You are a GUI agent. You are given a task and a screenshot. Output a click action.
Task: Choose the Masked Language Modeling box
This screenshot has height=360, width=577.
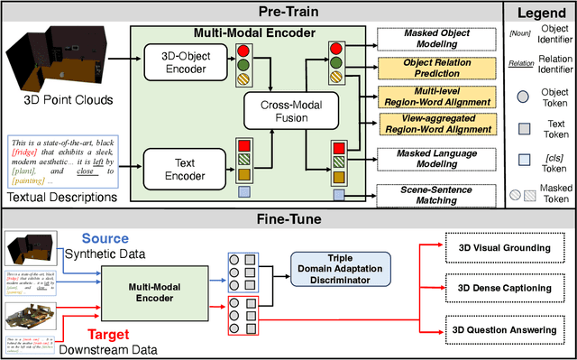pos(436,156)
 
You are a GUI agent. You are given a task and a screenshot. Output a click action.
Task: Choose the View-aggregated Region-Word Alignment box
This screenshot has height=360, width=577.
pos(436,123)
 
